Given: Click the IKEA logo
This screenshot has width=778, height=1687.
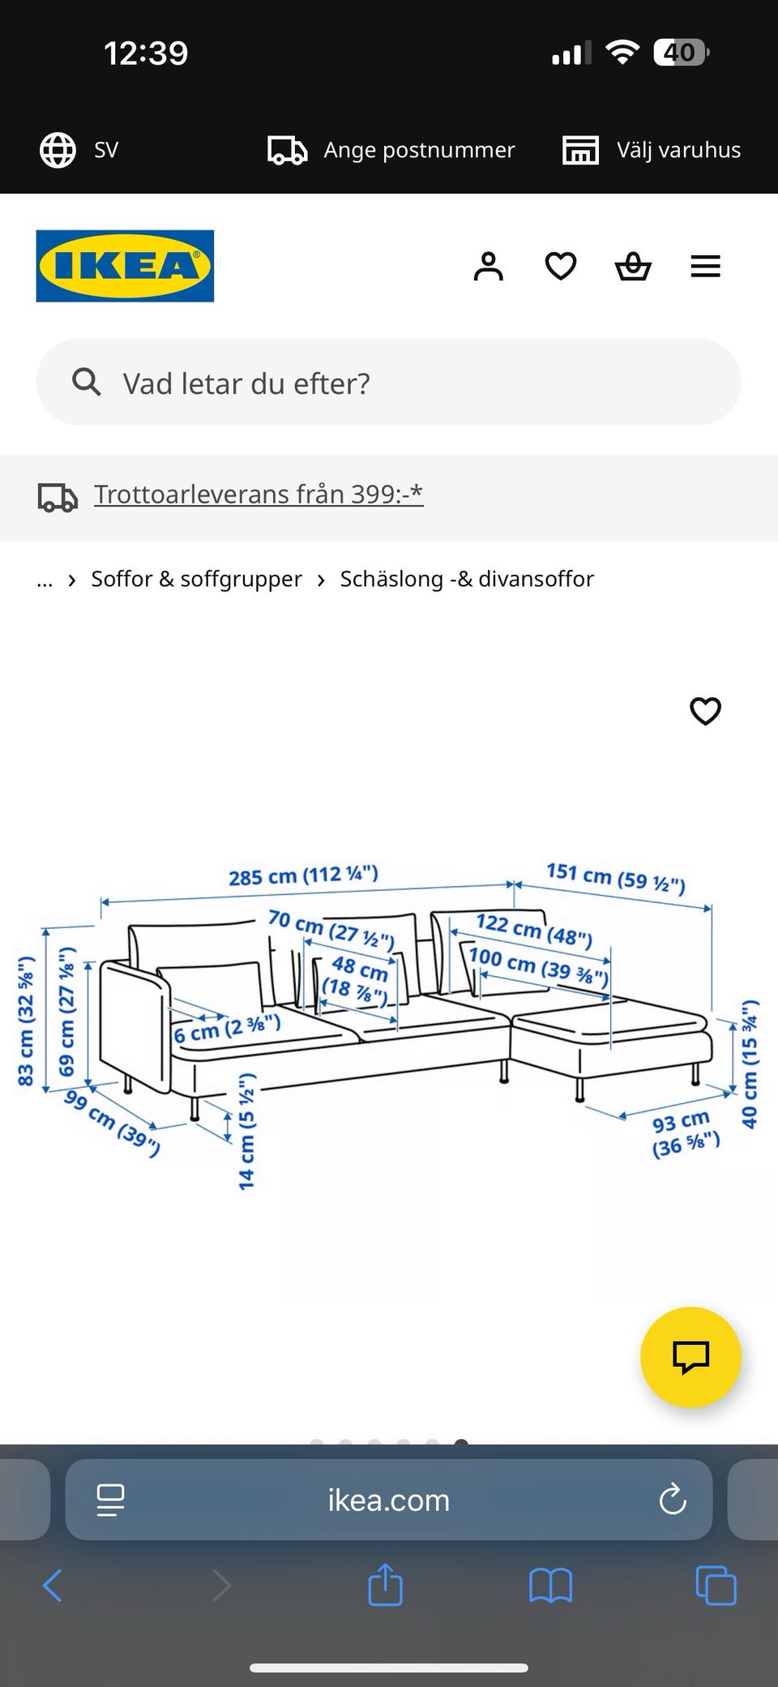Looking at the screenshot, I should [125, 266].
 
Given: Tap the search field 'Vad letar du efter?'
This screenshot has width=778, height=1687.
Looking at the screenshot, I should [389, 383].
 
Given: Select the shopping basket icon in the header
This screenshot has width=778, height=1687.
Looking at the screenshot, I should [633, 266].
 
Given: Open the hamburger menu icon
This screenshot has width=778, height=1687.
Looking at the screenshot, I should [705, 266].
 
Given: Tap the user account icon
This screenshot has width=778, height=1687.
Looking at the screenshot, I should [488, 266].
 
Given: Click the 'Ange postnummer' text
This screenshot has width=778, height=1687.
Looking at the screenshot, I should [419, 150].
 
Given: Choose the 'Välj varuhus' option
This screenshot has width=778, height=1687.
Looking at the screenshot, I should [678, 150].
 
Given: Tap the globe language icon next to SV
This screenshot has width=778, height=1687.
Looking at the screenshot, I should [58, 150].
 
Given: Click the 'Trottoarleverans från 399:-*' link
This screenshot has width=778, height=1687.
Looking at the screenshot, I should [259, 494].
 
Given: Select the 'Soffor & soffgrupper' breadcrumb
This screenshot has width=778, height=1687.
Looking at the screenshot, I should [196, 579].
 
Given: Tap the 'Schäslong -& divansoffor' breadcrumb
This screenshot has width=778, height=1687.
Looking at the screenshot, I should [467, 579].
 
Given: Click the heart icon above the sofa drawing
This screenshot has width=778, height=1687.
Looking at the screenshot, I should [705, 711].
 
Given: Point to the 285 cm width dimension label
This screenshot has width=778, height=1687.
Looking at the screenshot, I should [303, 876].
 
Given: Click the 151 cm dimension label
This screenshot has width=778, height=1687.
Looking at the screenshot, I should [616, 877].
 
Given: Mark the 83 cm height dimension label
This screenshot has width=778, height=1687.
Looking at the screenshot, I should [26, 1021].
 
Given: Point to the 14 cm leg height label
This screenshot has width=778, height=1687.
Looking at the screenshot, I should [246, 1131].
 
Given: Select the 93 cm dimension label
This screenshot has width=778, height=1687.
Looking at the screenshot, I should [685, 1133].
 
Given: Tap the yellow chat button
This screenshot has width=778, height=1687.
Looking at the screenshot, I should [690, 1357].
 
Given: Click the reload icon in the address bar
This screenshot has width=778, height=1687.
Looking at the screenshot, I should [673, 1500].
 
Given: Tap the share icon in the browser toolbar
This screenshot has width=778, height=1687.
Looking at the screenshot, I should [385, 1585].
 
